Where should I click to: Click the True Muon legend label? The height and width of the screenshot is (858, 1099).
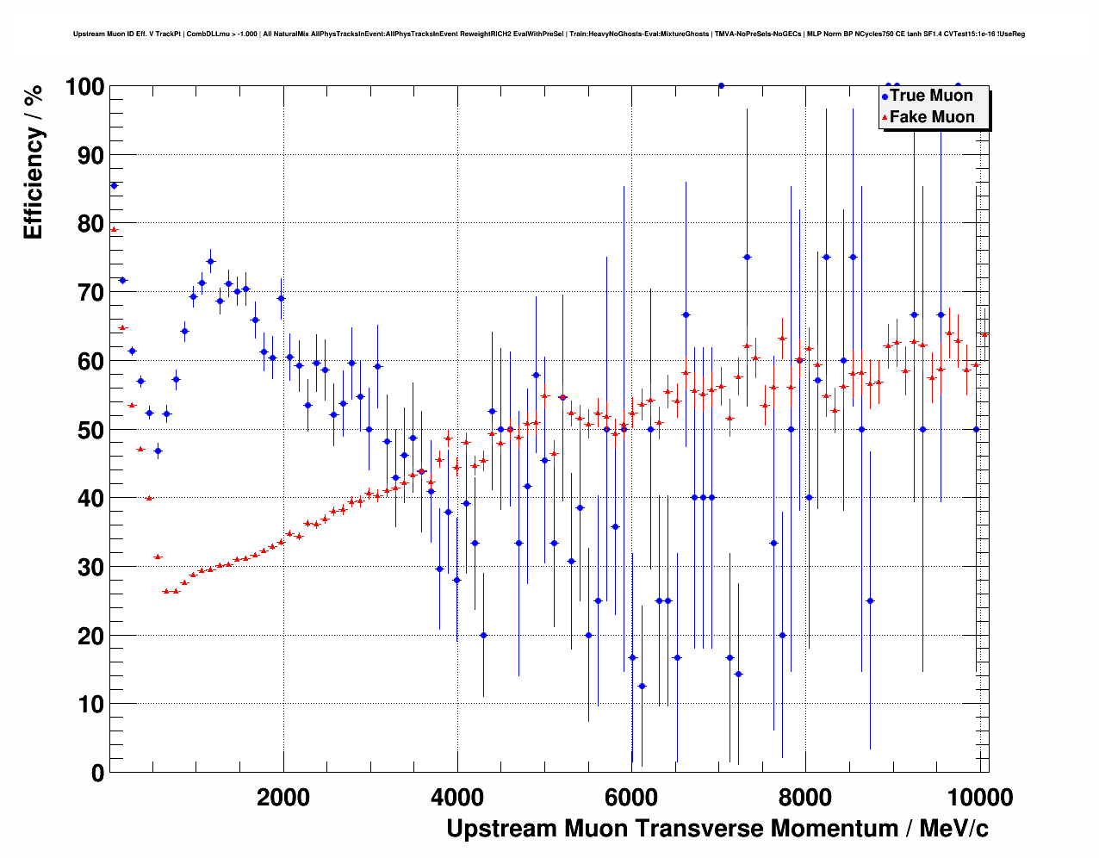point(931,96)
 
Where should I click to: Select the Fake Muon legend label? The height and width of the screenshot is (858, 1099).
point(932,117)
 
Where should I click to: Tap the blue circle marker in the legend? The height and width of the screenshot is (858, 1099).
point(885,96)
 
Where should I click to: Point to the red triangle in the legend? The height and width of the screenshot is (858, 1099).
point(885,118)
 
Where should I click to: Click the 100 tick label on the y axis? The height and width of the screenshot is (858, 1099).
point(84,87)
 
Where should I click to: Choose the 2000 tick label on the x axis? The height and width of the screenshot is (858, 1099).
point(283,798)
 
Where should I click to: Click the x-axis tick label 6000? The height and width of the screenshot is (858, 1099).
point(631,798)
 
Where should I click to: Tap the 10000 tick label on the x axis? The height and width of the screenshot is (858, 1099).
point(979,798)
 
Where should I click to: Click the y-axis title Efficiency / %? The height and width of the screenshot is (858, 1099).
point(34,162)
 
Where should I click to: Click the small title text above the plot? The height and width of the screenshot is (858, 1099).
point(549,34)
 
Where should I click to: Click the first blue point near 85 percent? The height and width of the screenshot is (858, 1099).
point(114,185)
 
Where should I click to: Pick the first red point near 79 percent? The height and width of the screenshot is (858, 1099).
point(114,229)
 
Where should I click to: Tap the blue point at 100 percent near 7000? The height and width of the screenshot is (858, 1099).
point(721,86)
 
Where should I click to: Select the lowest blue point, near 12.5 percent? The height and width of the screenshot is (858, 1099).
point(642,686)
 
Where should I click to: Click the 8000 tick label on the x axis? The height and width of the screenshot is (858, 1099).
point(805,798)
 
